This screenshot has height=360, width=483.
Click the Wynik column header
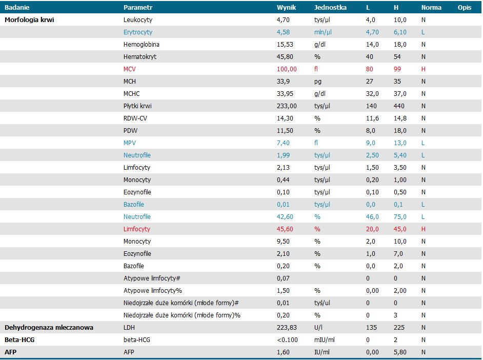(x=286, y=7)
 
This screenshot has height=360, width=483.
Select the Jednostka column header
(x=330, y=7)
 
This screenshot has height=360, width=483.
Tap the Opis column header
(x=465, y=7)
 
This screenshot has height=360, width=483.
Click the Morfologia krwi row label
(x=29, y=19)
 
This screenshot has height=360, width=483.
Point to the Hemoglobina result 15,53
(x=285, y=44)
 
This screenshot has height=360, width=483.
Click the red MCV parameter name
(x=129, y=69)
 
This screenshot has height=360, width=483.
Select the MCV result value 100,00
(x=287, y=69)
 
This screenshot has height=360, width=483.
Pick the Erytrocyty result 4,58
(x=284, y=32)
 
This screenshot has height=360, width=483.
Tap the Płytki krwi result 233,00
(x=287, y=106)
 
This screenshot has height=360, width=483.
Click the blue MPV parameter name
(x=129, y=143)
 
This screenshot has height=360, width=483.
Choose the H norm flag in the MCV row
(x=423, y=69)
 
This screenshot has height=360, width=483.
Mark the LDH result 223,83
(x=287, y=328)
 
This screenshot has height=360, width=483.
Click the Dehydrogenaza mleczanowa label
(x=49, y=328)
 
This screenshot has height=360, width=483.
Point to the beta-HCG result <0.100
(x=288, y=340)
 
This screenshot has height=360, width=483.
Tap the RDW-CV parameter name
(x=135, y=118)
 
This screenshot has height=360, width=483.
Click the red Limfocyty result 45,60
(x=285, y=229)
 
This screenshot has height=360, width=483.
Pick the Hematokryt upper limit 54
(x=397, y=56)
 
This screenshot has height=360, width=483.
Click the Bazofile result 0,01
(x=284, y=205)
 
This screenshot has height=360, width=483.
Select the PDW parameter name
(x=130, y=131)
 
